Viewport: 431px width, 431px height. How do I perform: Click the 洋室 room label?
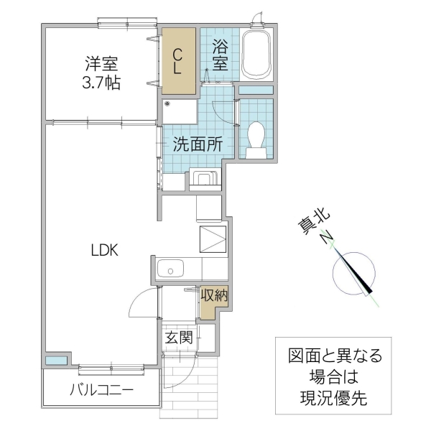[100, 64]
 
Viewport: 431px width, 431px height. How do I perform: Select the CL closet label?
[178, 61]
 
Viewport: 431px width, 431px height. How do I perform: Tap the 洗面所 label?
[197, 142]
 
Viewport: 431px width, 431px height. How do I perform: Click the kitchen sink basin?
[170, 271]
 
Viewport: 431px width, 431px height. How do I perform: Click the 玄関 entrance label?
[178, 337]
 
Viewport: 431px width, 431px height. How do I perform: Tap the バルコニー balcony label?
[101, 391]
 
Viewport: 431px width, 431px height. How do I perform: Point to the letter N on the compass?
[327, 238]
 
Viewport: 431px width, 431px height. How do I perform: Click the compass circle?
[353, 274]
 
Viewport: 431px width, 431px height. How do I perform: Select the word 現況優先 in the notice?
[333, 399]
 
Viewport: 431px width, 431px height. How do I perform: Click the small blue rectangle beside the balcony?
[57, 360]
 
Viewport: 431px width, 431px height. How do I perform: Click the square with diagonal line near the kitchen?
[212, 237]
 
